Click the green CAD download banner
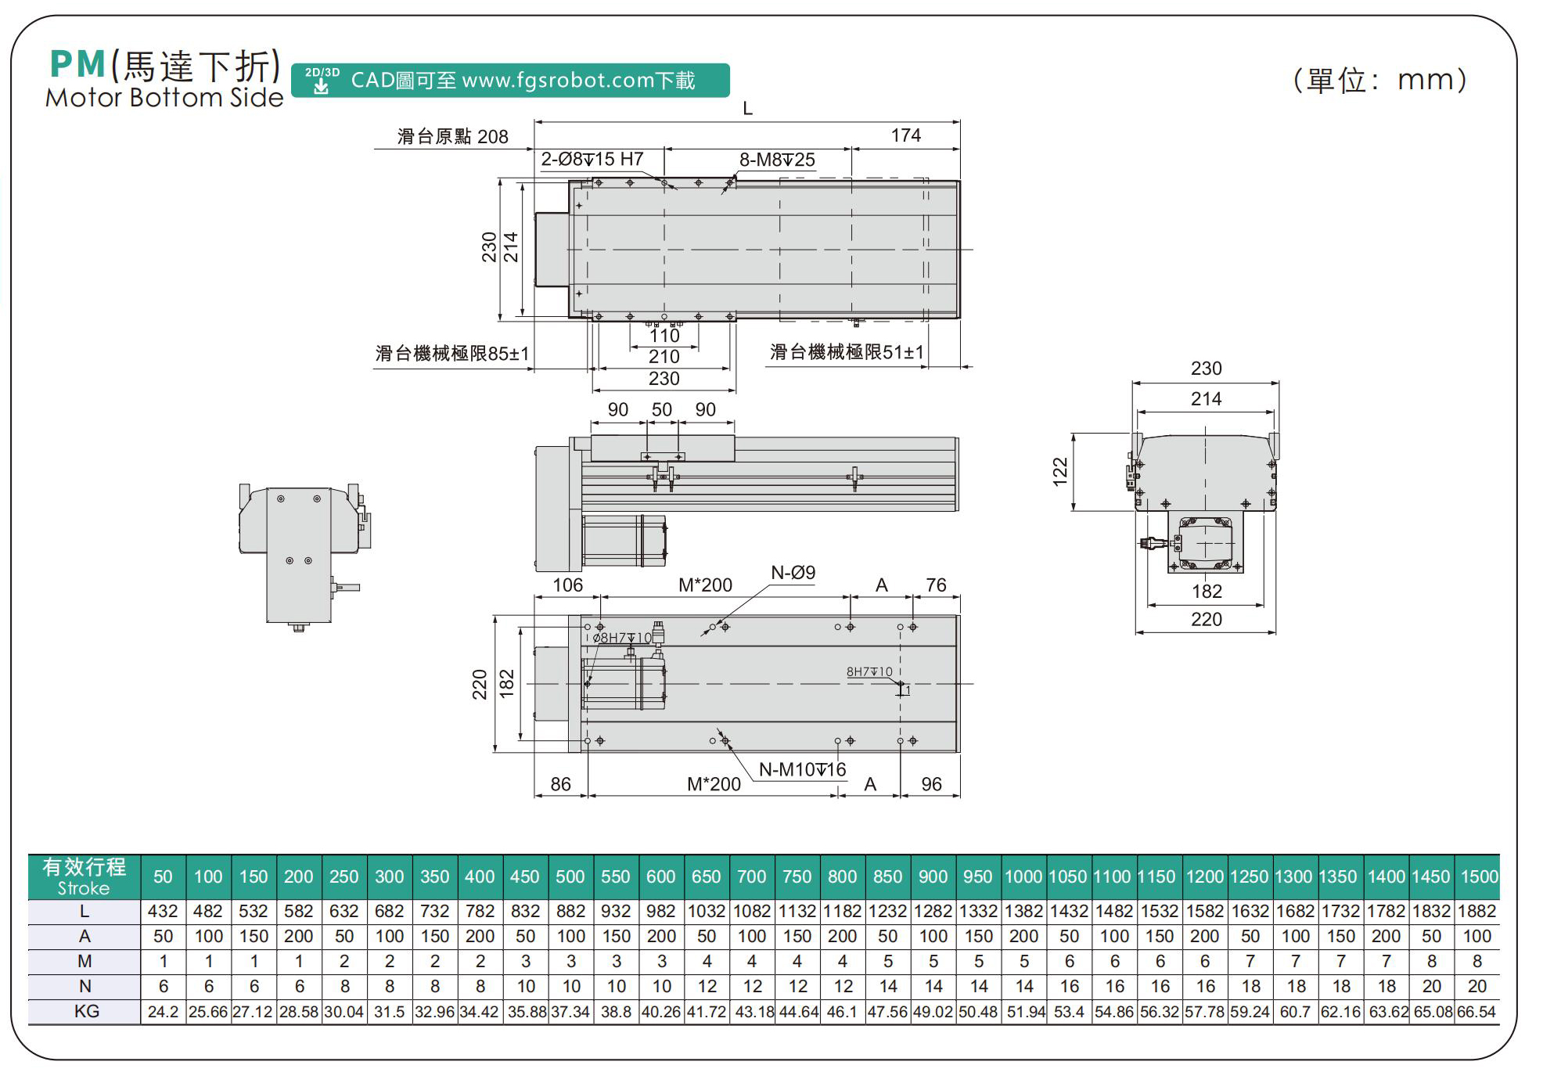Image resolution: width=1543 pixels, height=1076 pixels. pyautogui.click(x=510, y=81)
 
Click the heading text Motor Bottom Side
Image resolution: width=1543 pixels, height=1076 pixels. pyautogui.click(x=164, y=98)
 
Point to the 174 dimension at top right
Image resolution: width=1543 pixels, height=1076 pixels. pyautogui.click(x=905, y=135)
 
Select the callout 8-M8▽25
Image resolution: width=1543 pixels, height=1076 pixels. pyautogui.click(x=777, y=160)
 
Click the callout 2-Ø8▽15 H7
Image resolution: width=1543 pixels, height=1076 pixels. pyautogui.click(x=592, y=160)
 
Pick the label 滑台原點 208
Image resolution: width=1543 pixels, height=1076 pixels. pyautogui.click(x=452, y=137)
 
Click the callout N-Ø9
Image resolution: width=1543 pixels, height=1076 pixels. pyautogui.click(x=793, y=573)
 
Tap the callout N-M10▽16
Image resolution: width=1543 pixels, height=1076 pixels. pyautogui.click(x=802, y=770)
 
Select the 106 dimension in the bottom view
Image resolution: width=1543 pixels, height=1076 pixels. pyautogui.click(x=567, y=585)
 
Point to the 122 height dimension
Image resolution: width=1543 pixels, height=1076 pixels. pyautogui.click(x=1060, y=472)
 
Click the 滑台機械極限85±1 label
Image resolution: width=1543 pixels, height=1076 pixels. pyautogui.click(x=451, y=354)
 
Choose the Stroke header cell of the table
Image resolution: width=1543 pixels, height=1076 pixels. pyautogui.click(x=84, y=876)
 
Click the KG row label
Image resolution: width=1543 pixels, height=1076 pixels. pyautogui.click(x=86, y=1011)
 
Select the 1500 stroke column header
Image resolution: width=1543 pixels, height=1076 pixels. pyautogui.click(x=1478, y=876)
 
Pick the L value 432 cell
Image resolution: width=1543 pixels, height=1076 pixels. pyautogui.click(x=163, y=911)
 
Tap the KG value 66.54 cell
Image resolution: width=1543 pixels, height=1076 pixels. pyautogui.click(x=1476, y=1012)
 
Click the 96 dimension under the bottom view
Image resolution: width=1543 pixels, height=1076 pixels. pyautogui.click(x=931, y=784)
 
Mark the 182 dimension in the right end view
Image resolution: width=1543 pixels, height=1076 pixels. pyautogui.click(x=1206, y=592)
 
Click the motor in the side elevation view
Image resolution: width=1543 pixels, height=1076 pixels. pyautogui.click(x=624, y=540)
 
